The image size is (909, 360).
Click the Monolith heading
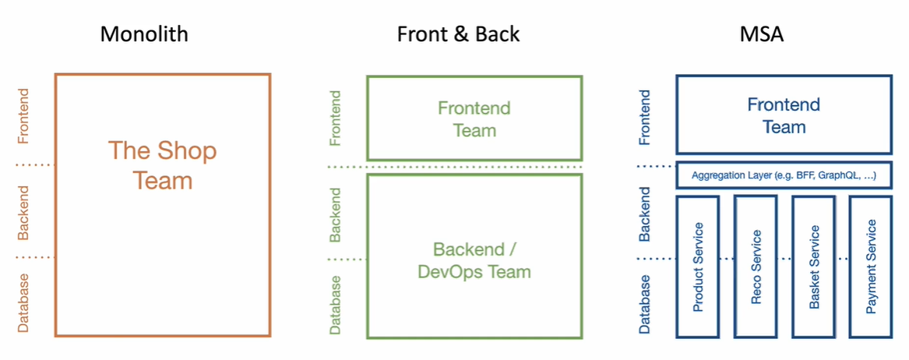[x=144, y=34]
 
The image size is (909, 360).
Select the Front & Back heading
[x=458, y=34]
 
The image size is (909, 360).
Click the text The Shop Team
[x=162, y=165]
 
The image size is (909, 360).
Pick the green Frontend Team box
[x=474, y=118]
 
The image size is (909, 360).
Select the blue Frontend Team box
[x=784, y=115]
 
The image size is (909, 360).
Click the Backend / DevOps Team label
[x=474, y=261]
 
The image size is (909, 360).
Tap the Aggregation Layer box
[x=784, y=175]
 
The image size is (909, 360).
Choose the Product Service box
[x=698, y=266]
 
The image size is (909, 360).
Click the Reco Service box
[x=756, y=266]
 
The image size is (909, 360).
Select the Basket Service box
[x=814, y=266]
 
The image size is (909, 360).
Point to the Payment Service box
[x=871, y=266]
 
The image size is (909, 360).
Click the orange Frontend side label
[x=23, y=116]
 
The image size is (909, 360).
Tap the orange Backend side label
[x=23, y=211]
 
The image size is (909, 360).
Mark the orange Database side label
[x=23, y=302]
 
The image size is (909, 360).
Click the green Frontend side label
[x=335, y=118]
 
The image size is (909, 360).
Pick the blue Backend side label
[x=645, y=211]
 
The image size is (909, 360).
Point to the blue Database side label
[x=645, y=303]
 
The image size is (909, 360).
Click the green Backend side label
[x=335, y=214]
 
